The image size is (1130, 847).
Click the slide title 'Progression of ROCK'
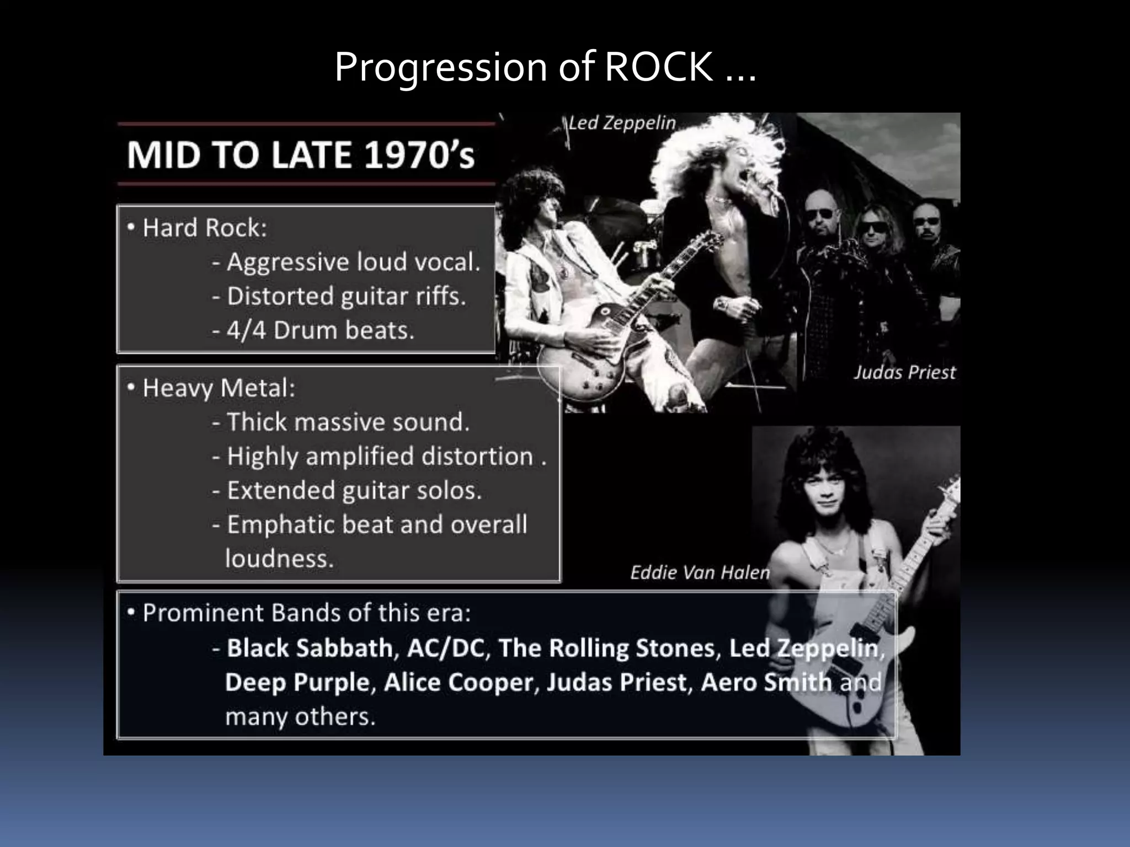[x=545, y=67]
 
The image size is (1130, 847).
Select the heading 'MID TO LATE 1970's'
[x=301, y=155]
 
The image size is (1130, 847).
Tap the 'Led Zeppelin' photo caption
[x=622, y=122]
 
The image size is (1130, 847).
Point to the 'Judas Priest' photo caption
[x=904, y=372]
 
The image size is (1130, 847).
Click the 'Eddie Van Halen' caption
[x=700, y=572]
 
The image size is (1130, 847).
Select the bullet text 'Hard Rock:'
[x=204, y=228]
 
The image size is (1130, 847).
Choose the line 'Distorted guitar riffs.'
[x=347, y=296]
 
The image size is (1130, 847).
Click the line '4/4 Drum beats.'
[x=320, y=330]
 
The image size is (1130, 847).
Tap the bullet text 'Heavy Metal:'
[x=218, y=388]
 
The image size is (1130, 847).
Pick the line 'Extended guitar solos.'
[x=354, y=490]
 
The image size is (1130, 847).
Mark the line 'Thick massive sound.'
[x=348, y=422]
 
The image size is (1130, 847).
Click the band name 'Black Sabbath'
[x=310, y=648]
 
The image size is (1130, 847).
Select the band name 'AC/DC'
[x=445, y=648]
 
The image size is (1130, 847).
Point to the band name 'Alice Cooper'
[x=458, y=683]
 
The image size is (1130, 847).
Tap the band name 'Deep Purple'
[x=297, y=683]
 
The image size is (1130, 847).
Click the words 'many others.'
[x=300, y=717]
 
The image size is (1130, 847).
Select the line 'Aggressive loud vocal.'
[x=353, y=262]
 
